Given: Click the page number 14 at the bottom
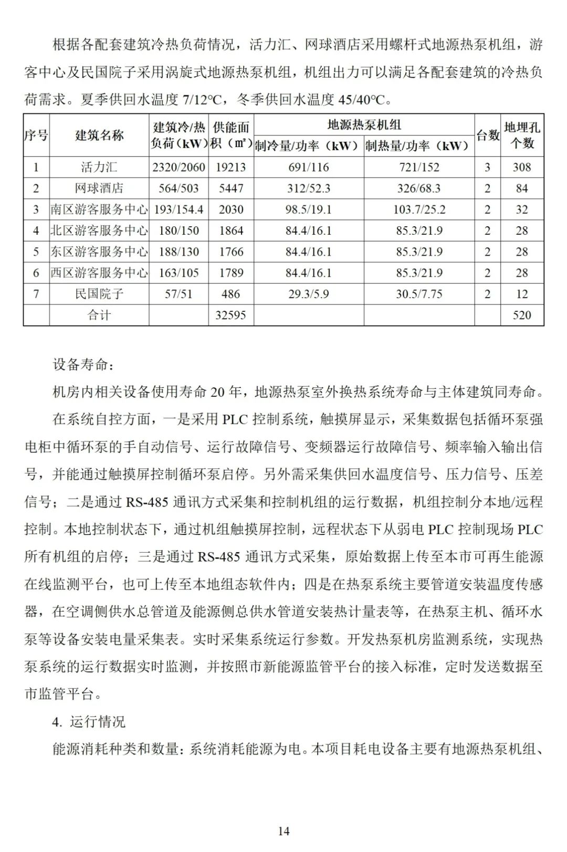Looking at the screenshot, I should point(283,830).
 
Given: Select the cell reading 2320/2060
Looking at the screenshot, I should point(178,167).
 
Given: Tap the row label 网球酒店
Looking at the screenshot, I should point(99,188).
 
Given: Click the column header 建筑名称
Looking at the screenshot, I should point(99,135).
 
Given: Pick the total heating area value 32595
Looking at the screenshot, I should point(231,315).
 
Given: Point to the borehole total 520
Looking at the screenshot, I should point(522,315).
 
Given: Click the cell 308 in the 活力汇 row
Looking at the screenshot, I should point(522,167).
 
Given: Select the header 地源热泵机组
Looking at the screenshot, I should point(364,125).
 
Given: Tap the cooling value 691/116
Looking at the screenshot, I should point(309,167).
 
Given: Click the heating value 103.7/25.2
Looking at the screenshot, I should point(419,209).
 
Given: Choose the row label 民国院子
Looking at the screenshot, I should point(99,294).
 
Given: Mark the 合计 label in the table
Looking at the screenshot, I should point(99,315).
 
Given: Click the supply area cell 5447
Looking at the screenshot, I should point(231,188).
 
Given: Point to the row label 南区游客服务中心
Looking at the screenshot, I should point(99,209).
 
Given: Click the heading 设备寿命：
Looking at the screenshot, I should point(83,364).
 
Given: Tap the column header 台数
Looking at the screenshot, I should point(487,135).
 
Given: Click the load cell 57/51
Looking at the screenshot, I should point(178,294).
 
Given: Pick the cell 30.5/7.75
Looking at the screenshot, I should point(419,294).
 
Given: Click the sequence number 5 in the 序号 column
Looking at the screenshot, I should point(36,251).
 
